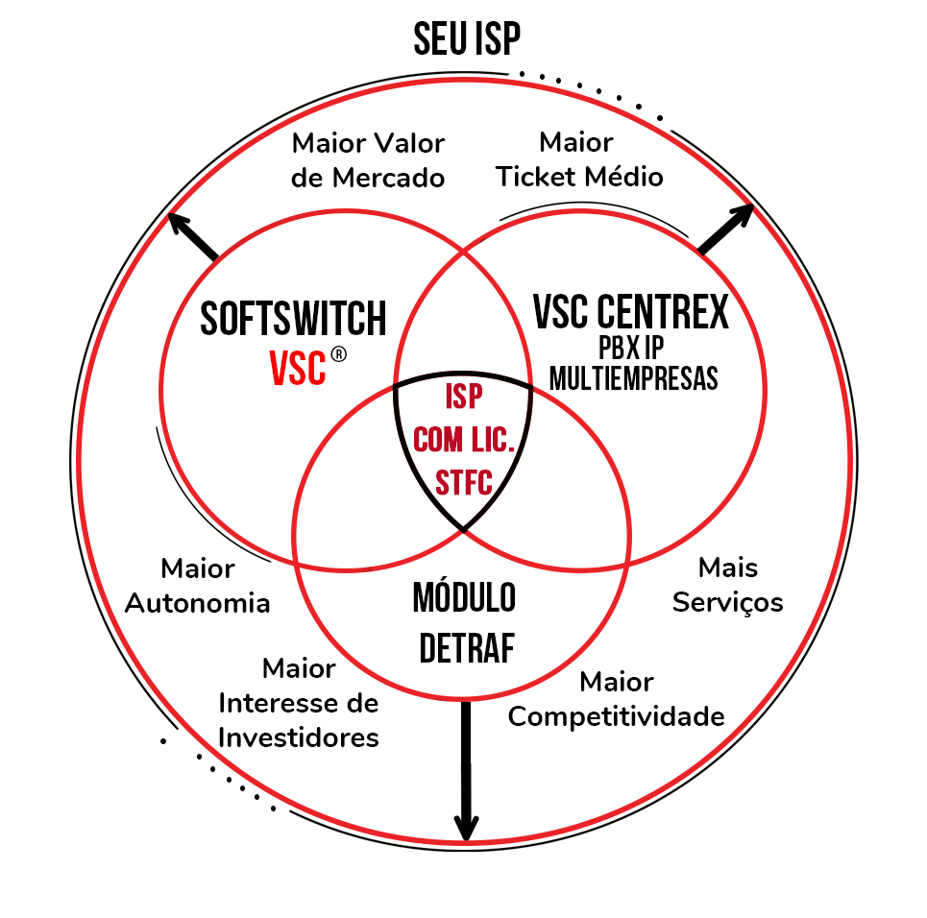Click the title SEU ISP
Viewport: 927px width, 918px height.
[467, 39]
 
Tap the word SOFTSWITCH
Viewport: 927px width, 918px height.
[293, 319]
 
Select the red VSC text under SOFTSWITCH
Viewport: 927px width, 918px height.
[298, 368]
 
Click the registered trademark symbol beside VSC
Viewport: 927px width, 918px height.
[338, 355]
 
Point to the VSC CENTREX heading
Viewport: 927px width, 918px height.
[630, 311]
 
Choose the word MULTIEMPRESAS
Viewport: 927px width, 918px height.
[634, 377]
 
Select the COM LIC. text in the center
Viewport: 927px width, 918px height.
[464, 441]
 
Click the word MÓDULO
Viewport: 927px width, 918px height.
[464, 598]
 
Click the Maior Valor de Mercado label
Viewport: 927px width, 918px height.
[369, 160]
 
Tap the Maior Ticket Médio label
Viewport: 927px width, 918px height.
[579, 159]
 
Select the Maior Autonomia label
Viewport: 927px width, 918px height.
[198, 586]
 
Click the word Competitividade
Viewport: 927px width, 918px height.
[616, 716]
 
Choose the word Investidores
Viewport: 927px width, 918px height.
[299, 737]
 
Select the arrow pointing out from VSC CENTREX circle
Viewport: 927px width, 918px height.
[726, 229]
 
